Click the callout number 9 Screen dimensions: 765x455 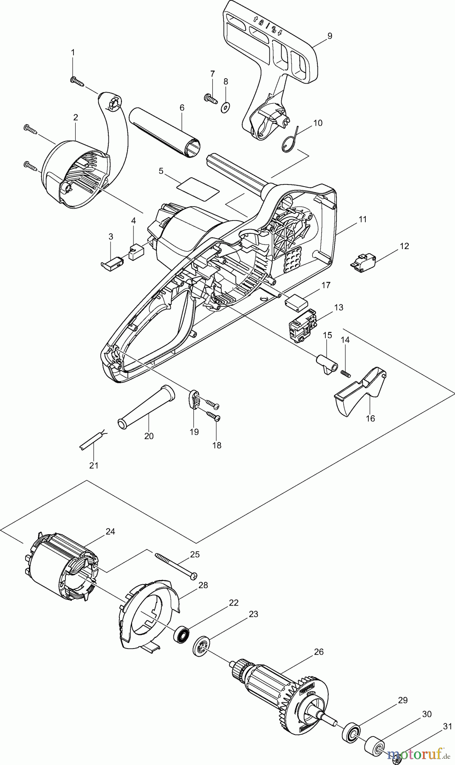[330, 36]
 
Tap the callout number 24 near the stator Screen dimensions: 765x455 [110, 532]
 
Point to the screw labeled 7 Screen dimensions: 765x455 [210, 98]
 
